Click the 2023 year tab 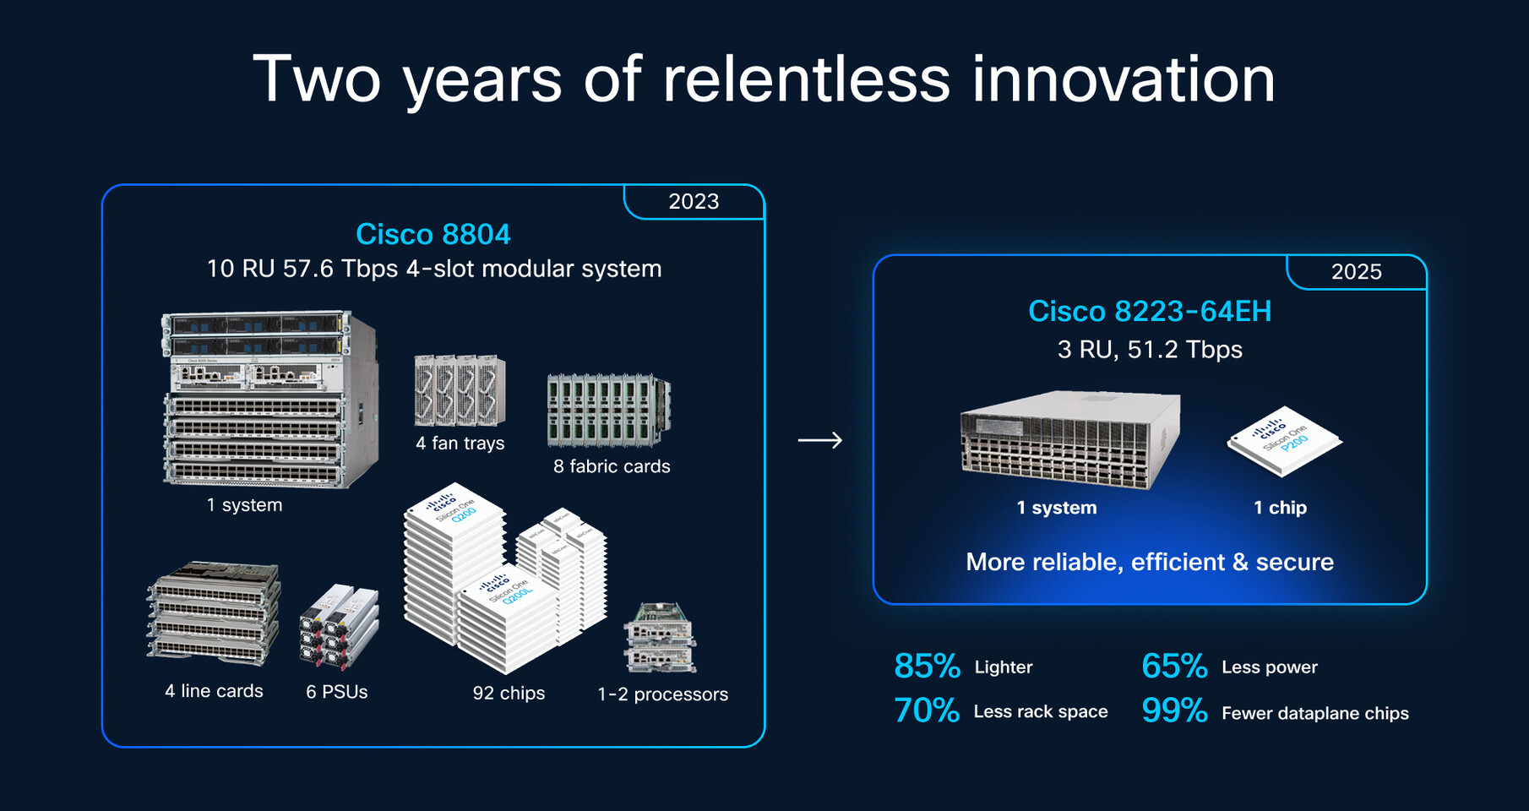(x=694, y=202)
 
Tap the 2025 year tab (x=1356, y=272)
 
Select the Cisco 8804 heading (x=433, y=234)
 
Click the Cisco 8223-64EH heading (x=1149, y=311)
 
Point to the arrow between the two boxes (x=819, y=440)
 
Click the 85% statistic (x=927, y=667)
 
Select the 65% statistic (x=1173, y=667)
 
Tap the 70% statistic (x=927, y=711)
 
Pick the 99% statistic (x=1173, y=711)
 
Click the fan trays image (x=460, y=391)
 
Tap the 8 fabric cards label (x=612, y=466)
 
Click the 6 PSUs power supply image (x=339, y=627)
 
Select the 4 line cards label (x=214, y=691)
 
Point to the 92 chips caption (x=509, y=694)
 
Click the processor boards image (x=660, y=638)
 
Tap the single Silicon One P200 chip (x=1284, y=442)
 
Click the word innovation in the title (x=1123, y=79)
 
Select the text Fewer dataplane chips (x=1314, y=713)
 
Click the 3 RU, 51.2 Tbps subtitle (x=1149, y=350)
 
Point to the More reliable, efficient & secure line (x=1149, y=562)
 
